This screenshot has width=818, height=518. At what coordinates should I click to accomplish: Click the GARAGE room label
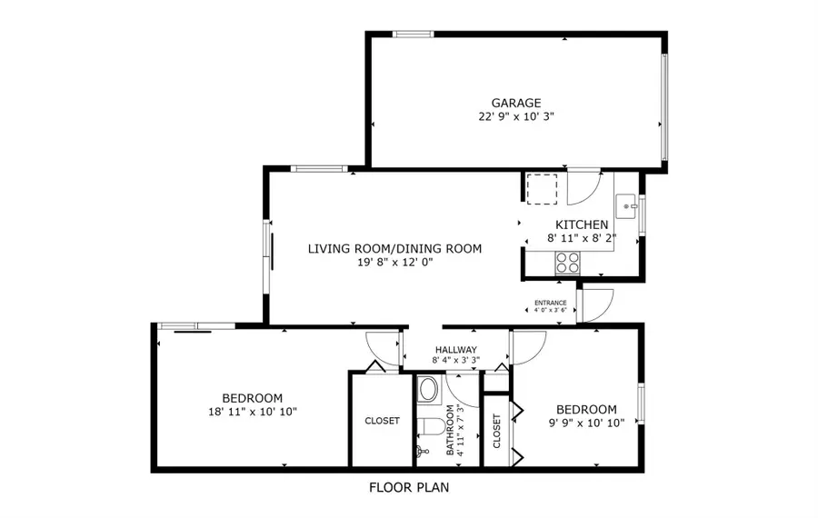(x=516, y=103)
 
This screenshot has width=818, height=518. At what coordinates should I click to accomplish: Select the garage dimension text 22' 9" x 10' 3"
(x=516, y=117)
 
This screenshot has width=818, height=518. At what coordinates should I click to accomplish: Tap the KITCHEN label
(x=582, y=224)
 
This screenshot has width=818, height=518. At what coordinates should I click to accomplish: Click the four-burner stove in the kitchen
(x=568, y=262)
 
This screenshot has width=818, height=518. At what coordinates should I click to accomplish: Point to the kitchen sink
(x=626, y=207)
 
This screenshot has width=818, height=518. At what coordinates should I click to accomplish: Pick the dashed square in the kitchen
(x=541, y=187)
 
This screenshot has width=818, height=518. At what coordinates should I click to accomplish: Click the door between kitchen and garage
(x=580, y=186)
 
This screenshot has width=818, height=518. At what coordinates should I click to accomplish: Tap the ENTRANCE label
(x=550, y=303)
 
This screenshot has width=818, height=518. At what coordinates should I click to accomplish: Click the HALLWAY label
(x=455, y=349)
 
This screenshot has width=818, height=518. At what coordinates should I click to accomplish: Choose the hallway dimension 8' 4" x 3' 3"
(x=455, y=361)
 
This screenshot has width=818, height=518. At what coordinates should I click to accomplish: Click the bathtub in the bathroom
(x=428, y=391)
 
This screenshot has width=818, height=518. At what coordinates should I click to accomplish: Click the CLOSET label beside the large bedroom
(x=382, y=421)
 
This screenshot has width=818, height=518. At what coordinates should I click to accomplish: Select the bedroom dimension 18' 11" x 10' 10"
(x=252, y=412)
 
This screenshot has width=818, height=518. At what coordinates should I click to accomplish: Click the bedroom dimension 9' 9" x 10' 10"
(x=586, y=423)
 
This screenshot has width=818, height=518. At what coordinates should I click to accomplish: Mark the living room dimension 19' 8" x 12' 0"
(x=394, y=262)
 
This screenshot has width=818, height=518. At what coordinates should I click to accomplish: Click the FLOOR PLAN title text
(x=408, y=487)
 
